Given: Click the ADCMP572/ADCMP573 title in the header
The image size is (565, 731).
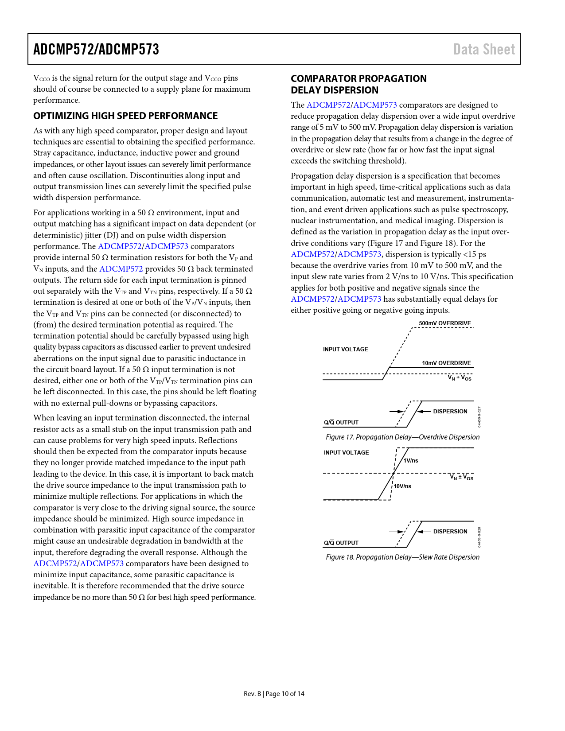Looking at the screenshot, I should pos(96,49).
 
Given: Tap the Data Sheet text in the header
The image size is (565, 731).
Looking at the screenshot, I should pos(484,49).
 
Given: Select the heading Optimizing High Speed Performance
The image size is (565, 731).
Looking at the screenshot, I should pos(125,116).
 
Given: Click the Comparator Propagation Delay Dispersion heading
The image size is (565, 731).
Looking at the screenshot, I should pos(358,84).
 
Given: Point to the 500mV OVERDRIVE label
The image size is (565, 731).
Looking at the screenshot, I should pos(445,323).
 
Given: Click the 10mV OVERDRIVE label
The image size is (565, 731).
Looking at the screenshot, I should pos(446,363).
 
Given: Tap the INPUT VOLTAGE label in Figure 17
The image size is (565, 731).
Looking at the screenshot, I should pos(345,350).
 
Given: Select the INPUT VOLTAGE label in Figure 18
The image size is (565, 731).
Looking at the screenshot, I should pos(346,453).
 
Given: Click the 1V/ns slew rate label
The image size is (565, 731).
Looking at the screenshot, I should pos(411,461).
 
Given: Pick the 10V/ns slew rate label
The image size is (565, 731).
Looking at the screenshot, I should pos(402,486).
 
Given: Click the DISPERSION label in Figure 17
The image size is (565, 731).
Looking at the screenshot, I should pos(450,412).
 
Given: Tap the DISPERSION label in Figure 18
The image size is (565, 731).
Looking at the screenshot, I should pos(450,532).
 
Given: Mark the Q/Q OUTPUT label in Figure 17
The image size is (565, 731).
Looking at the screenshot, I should pos(341,423).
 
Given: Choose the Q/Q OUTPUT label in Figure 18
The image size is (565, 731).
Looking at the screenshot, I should pos(341,543).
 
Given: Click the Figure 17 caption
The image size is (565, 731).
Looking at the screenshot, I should pos(402,437).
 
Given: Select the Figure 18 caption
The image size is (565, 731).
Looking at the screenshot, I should pos(402,557).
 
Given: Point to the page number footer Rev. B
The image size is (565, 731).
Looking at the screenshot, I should pos(274,694).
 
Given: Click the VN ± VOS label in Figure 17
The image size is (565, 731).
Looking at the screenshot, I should pos(460,378).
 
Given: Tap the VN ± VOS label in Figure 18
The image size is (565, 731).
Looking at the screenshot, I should pos(461,477).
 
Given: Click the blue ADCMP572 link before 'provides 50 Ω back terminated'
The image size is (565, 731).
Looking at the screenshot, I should pos(121,269).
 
